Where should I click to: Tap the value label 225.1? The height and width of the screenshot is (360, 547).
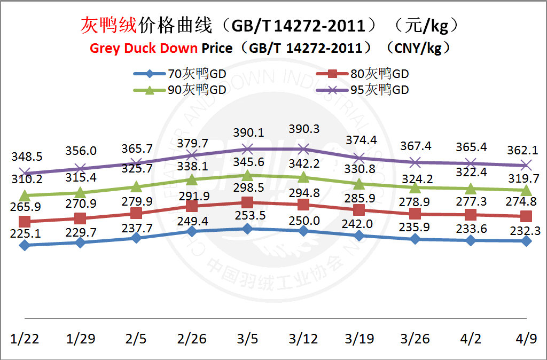tap(25, 231)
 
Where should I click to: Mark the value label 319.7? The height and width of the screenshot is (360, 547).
tap(526, 178)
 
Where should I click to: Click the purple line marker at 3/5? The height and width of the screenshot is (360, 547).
tap(247, 148)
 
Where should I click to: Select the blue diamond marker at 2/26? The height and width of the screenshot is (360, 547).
tap(192, 231)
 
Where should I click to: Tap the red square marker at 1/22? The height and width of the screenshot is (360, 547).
tap(25, 222)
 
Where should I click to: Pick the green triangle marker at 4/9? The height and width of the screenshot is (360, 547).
tap(526, 190)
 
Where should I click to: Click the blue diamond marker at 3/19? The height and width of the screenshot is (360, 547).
tap(360, 236)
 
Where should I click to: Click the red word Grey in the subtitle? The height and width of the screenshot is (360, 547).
tap(105, 48)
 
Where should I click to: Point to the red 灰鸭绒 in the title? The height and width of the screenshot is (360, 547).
tap(109, 25)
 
